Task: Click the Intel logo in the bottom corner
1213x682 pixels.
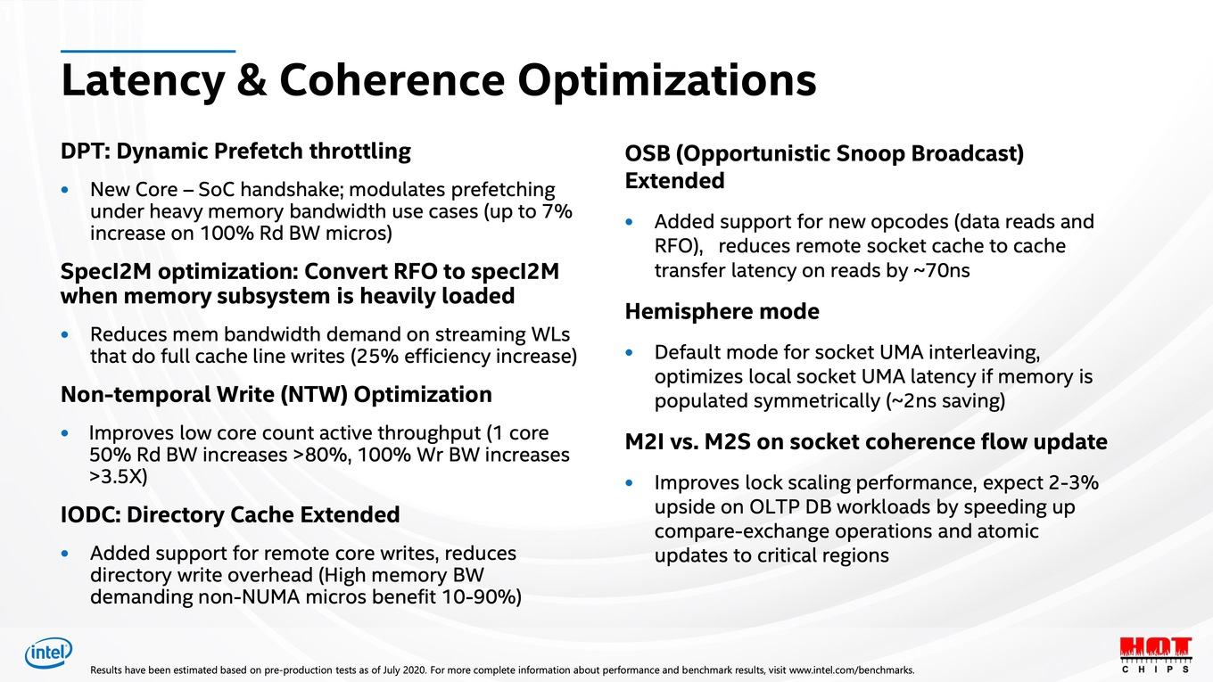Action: (x=48, y=653)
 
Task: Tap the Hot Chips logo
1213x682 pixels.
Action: (x=1156, y=653)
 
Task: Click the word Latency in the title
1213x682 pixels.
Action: (x=143, y=80)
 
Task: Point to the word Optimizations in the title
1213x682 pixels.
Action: (x=666, y=80)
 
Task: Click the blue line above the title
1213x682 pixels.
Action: (x=148, y=52)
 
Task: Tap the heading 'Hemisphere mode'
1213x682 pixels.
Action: (x=722, y=311)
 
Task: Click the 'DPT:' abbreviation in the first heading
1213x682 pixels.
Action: (x=86, y=151)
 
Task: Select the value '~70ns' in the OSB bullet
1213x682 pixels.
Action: (x=941, y=270)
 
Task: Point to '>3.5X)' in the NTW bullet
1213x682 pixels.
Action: (x=118, y=477)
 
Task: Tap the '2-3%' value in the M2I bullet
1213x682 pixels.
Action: (x=1073, y=482)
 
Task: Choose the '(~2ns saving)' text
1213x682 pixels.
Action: (x=945, y=401)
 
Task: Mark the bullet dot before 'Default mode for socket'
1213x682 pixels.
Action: (x=629, y=352)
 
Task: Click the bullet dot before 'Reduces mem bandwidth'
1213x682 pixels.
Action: (x=65, y=334)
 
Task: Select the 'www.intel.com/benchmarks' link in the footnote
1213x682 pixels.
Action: (x=851, y=670)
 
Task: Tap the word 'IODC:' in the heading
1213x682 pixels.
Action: (x=90, y=514)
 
